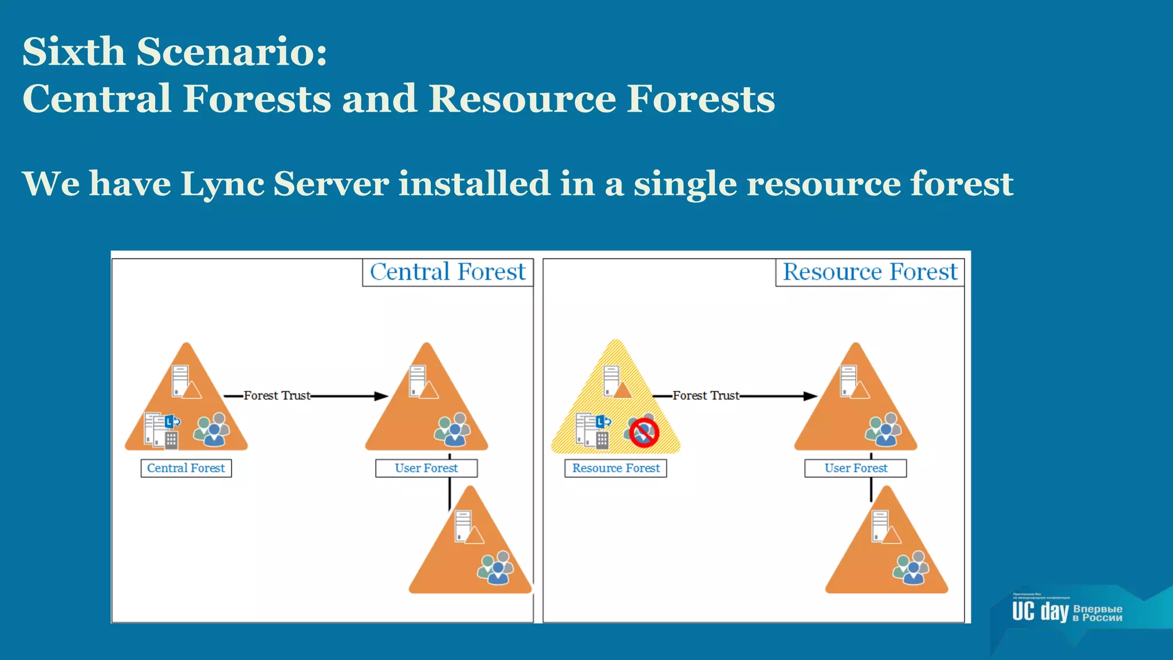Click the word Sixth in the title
click(73, 52)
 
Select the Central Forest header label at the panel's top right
click(447, 272)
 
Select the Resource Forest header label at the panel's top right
click(869, 272)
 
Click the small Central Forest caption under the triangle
click(186, 468)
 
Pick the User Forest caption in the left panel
click(426, 468)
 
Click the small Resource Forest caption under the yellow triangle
click(616, 468)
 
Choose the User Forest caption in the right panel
click(856, 468)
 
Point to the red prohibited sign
click(644, 433)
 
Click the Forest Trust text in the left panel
click(277, 395)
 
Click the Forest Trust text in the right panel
click(706, 395)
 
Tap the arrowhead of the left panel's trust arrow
click(381, 396)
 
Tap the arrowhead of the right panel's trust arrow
click(810, 396)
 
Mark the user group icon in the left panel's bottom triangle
click(496, 567)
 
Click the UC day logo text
click(1040, 612)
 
